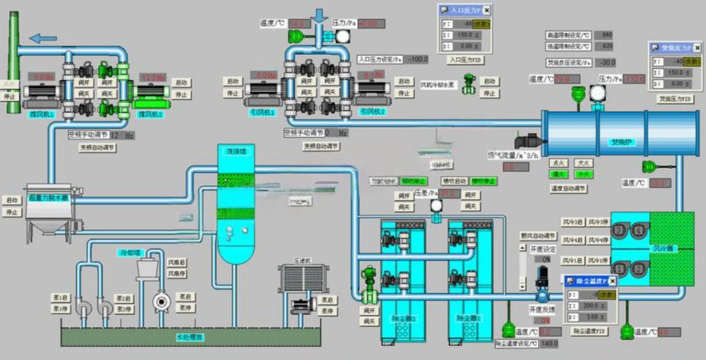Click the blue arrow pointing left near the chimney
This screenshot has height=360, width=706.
pyautogui.click(x=44, y=38)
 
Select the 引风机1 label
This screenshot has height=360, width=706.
pyautogui.click(x=263, y=112)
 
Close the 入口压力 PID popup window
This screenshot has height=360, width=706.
pyautogui.click(x=486, y=10)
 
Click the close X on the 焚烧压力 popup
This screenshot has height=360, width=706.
pyautogui.click(x=698, y=48)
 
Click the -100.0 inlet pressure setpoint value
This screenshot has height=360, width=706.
pyautogui.click(x=417, y=59)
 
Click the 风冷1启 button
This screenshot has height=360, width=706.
pyautogui.click(x=573, y=260)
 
